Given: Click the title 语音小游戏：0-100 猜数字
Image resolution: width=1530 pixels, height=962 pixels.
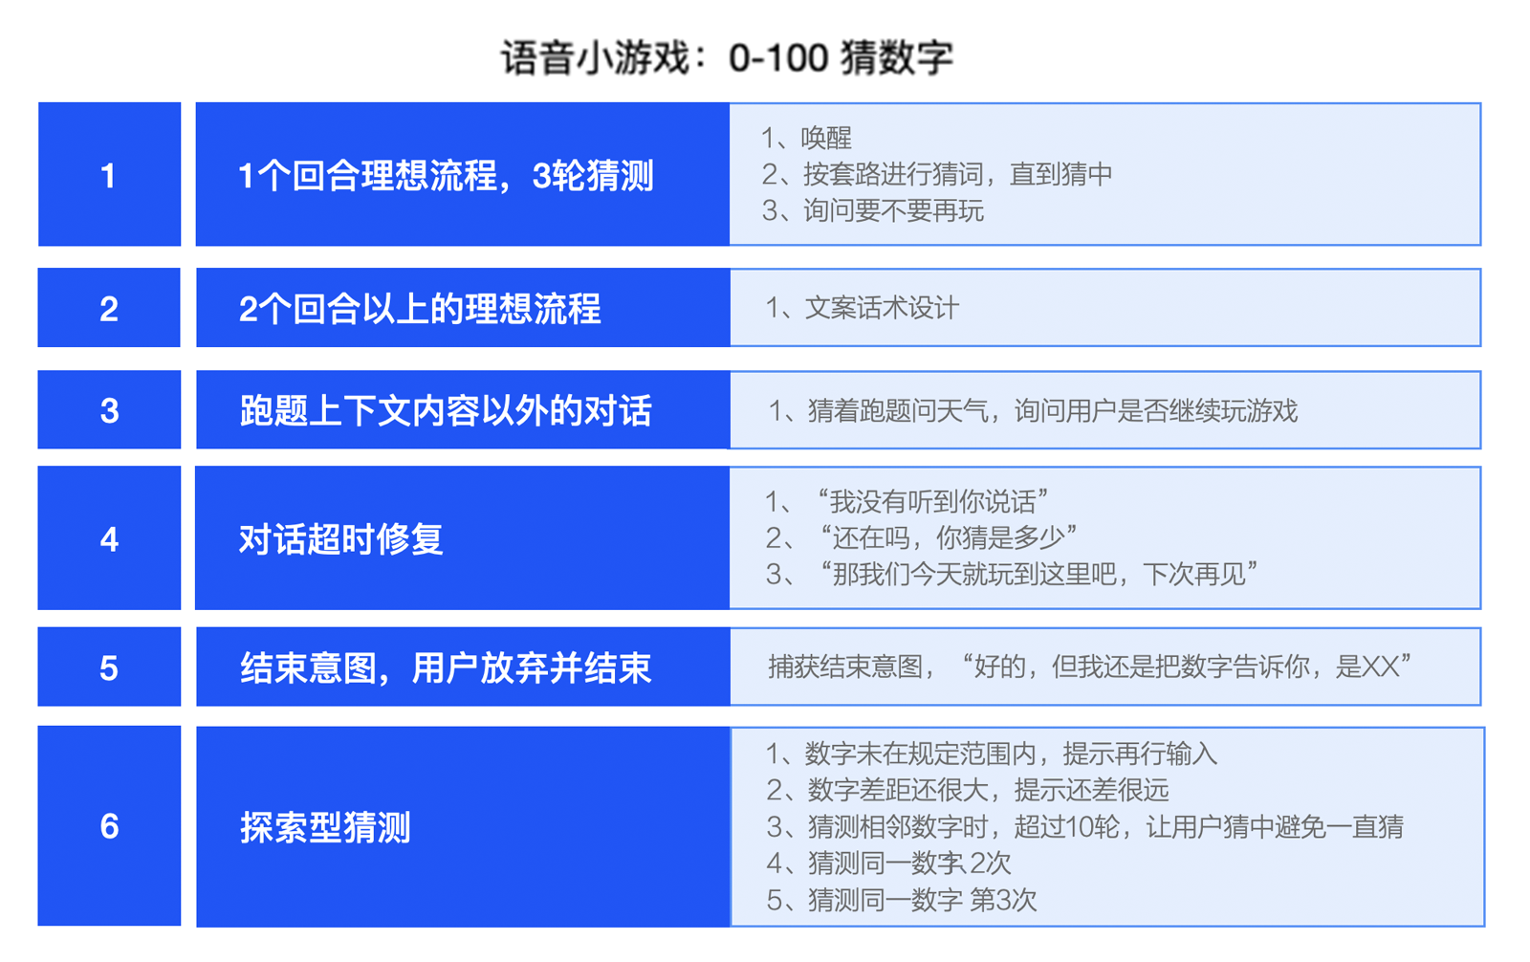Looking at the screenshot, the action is (x=727, y=57).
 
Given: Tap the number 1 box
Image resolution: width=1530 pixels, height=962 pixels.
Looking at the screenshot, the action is (x=109, y=174).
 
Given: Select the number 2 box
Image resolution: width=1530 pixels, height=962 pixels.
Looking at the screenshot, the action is (x=109, y=308).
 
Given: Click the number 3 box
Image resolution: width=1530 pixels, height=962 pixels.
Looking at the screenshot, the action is (x=109, y=410).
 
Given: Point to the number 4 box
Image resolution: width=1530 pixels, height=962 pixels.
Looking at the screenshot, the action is (x=109, y=537).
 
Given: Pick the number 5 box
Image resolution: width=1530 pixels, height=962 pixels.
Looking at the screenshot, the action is (x=109, y=667).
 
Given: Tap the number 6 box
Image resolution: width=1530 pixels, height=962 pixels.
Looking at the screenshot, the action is (x=109, y=826).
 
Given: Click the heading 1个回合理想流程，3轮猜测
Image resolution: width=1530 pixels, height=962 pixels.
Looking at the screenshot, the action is (x=446, y=176).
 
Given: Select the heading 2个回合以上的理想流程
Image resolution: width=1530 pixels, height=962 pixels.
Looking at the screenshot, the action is (x=420, y=309).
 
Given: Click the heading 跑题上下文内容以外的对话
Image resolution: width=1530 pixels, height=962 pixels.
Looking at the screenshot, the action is (x=446, y=411).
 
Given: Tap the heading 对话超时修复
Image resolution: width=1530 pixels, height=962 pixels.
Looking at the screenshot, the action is (x=341, y=539).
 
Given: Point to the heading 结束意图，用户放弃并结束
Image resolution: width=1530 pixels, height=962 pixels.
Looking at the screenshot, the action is (x=446, y=668).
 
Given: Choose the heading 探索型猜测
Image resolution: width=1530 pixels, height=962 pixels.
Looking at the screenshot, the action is (x=325, y=827).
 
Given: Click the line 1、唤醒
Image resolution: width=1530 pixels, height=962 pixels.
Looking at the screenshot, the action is (x=807, y=138).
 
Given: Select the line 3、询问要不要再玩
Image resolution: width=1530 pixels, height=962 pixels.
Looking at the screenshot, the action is (x=872, y=211).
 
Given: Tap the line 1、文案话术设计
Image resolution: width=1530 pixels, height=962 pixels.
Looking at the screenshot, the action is (x=862, y=308).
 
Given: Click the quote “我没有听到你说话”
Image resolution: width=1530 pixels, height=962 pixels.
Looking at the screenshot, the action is (x=932, y=502).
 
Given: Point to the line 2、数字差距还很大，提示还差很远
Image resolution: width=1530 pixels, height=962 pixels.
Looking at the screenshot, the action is (x=967, y=791).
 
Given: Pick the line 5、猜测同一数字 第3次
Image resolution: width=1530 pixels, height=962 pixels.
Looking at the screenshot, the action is (x=901, y=901).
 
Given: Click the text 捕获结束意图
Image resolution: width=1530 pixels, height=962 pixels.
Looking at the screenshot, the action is (x=845, y=667).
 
